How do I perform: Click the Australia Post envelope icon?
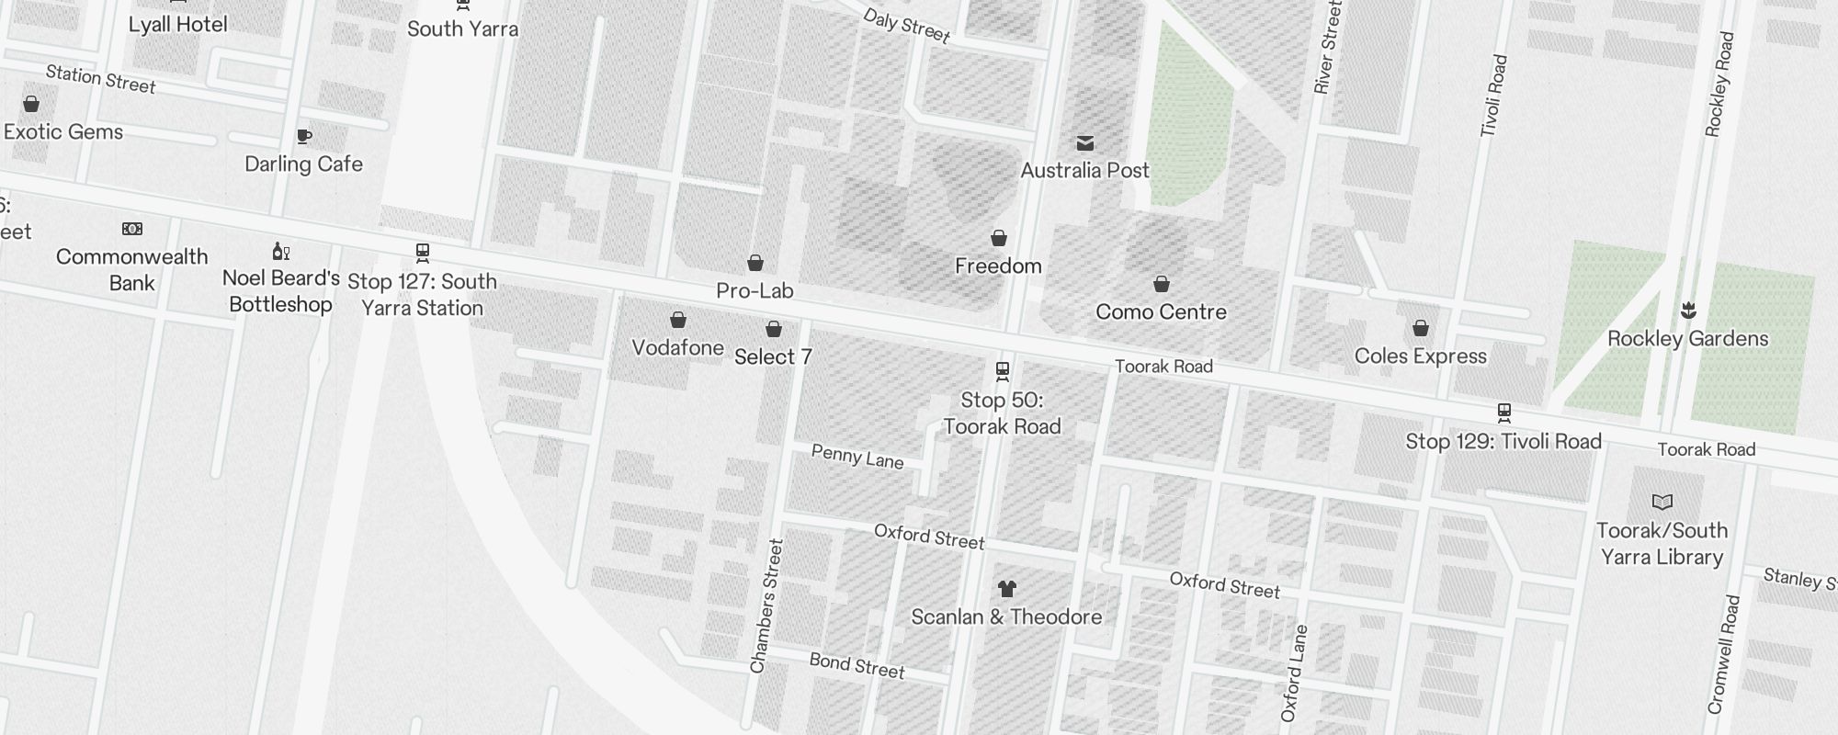1085,142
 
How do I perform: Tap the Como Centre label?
1161,312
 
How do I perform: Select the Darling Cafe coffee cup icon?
304,137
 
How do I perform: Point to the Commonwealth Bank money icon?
132,229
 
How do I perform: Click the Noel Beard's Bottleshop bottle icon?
281,251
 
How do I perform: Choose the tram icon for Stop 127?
423,253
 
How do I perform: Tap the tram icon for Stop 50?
1003,371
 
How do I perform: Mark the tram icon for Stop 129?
1504,413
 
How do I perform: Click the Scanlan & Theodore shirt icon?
1007,589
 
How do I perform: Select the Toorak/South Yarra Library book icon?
1662,502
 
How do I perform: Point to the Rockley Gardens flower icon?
1688,311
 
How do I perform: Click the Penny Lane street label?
857,457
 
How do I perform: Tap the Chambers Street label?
766,606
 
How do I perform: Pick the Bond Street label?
857,665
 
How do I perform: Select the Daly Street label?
906,26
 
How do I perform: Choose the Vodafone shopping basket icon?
678,320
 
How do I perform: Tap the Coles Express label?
1420,356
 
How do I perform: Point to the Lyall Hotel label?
177,25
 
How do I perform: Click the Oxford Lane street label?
1294,673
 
